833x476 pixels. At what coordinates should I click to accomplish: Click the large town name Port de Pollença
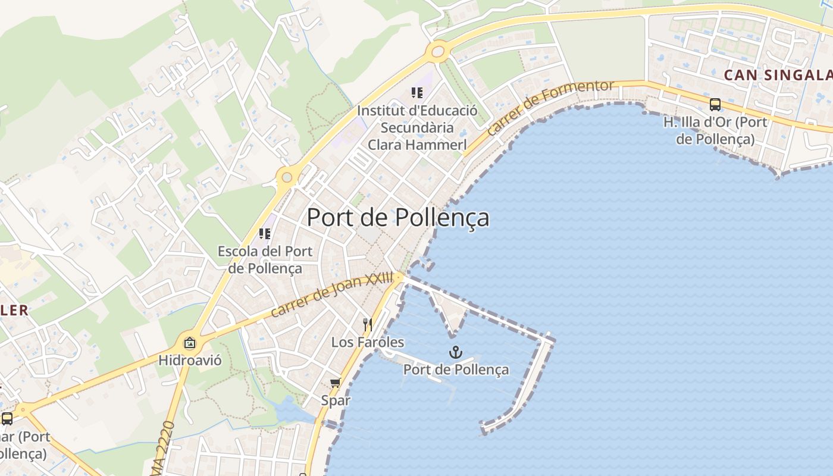click(x=397, y=218)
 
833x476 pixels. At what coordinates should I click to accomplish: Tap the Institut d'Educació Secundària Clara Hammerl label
click(x=417, y=127)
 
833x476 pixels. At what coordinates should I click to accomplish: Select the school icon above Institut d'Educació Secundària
click(x=417, y=92)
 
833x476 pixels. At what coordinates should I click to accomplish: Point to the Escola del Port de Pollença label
click(x=265, y=259)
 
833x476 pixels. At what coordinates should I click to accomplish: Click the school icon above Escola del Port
click(x=265, y=233)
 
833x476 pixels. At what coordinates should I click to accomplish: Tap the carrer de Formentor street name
click(x=550, y=107)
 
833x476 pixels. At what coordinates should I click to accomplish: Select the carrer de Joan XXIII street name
click(x=332, y=294)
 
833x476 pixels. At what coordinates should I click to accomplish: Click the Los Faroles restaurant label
click(x=367, y=342)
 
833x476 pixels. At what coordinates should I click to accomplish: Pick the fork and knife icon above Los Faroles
click(x=368, y=324)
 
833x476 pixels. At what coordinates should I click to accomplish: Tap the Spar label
click(x=336, y=400)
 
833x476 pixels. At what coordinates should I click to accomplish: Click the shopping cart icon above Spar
click(x=336, y=383)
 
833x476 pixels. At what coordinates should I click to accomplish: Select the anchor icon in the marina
click(x=456, y=352)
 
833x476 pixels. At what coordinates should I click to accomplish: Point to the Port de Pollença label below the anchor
click(x=456, y=369)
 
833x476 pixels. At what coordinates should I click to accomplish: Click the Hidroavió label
click(x=190, y=360)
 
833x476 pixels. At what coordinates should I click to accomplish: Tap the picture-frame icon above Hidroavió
click(x=190, y=343)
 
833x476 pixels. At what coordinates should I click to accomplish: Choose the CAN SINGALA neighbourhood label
click(x=777, y=75)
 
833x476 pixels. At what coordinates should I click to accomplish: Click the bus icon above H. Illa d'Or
click(x=715, y=105)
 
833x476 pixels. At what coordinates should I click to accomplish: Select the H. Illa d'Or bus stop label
click(x=715, y=131)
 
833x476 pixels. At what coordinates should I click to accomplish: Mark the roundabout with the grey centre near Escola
click(x=287, y=177)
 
